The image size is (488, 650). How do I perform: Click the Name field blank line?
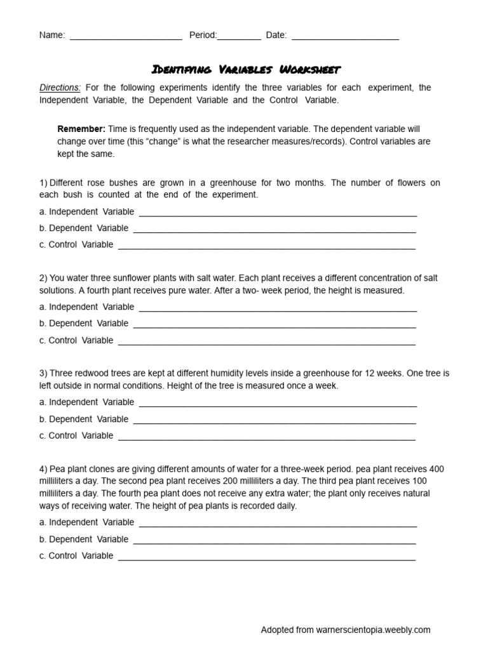tap(126, 37)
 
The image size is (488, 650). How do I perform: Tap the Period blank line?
tap(239, 37)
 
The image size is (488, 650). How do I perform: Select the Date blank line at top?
tap(344, 37)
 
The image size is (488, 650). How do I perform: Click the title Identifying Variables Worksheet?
tap(246, 69)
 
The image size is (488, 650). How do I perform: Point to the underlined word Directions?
tap(60, 88)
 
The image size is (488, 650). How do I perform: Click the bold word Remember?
tap(81, 129)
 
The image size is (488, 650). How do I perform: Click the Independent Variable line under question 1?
tap(278, 213)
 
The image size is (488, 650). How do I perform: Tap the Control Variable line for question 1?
tap(267, 246)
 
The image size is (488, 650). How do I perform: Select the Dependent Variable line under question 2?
tap(274, 324)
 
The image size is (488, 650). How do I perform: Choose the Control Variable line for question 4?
tap(267, 557)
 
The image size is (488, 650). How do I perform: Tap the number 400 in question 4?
tap(437, 469)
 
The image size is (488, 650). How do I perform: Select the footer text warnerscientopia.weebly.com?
tap(374, 630)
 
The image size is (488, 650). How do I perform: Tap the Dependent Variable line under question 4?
tap(274, 540)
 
